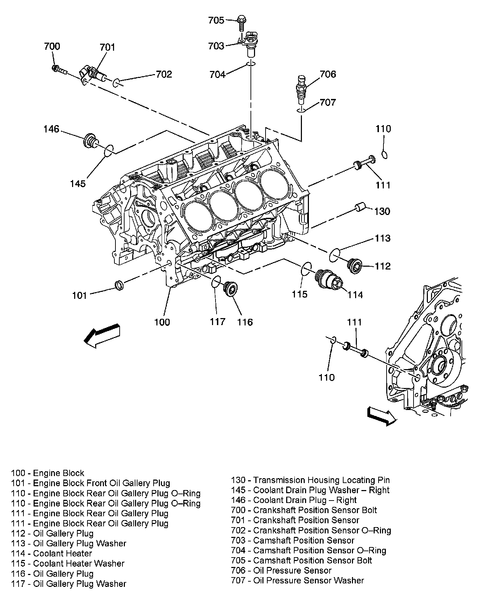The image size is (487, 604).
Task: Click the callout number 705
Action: point(216,21)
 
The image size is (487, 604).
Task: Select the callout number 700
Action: point(52,46)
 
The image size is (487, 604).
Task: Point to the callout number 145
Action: point(78,183)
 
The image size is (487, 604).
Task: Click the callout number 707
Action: point(328,102)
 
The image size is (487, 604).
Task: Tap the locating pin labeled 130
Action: point(360,207)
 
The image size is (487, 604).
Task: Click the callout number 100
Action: point(162,322)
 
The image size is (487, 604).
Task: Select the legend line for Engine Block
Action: point(48,473)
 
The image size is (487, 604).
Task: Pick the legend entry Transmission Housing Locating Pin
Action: point(310,480)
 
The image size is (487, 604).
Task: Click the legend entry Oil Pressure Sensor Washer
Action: point(297,581)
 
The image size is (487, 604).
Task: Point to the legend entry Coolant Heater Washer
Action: point(68,563)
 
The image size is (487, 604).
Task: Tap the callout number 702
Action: point(164,74)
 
